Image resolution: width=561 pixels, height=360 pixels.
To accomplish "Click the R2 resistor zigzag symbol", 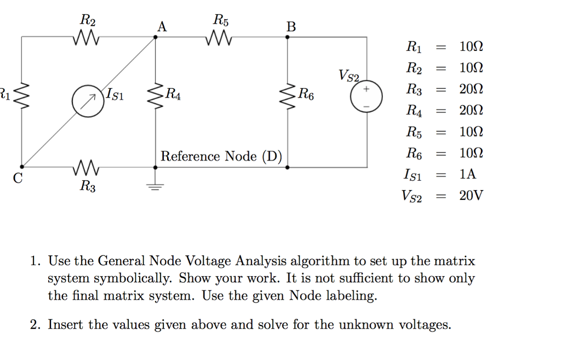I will click(x=86, y=38).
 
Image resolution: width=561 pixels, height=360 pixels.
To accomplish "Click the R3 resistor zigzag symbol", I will click(x=86, y=167).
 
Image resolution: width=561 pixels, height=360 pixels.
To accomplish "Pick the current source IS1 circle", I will click(x=88, y=101).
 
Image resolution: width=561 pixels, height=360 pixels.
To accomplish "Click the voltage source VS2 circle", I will click(x=366, y=96).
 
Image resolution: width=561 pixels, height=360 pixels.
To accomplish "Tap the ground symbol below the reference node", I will click(x=156, y=186).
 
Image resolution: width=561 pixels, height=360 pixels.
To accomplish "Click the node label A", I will click(x=162, y=26).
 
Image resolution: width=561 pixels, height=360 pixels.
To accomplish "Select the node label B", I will click(x=290, y=26).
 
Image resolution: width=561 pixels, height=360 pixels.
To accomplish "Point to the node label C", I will click(x=18, y=178).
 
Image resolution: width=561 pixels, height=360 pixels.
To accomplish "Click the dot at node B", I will click(x=288, y=37).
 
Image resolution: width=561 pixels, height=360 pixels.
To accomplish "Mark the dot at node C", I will click(x=22, y=167).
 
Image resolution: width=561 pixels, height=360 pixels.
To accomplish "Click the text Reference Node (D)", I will click(x=221, y=157).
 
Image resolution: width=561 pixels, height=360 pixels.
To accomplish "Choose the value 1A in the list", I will click(x=468, y=175).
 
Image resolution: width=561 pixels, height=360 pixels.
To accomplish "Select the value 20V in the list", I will click(x=471, y=196).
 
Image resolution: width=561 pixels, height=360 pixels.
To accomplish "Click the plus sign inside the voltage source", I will click(x=366, y=89).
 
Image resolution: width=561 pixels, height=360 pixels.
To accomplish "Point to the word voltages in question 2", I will click(x=425, y=325).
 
